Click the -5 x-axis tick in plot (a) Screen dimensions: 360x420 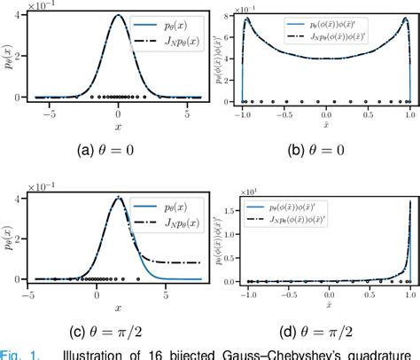(50, 113)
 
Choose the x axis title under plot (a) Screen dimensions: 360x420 (119, 125)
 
